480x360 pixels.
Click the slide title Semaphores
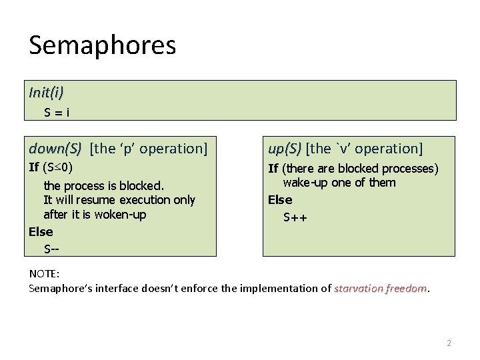[102, 46]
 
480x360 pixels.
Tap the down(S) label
[55, 148]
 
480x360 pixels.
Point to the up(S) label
[285, 148]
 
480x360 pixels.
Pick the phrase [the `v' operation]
[364, 148]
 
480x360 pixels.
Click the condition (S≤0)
[58, 167]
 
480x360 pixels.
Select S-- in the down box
[51, 249]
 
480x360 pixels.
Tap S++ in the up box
[295, 217]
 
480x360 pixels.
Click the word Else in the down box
[41, 232]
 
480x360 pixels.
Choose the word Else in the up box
[280, 200]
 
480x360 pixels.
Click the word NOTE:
[45, 274]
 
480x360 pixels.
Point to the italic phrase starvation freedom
[380, 288]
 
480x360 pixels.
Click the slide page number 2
[449, 343]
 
